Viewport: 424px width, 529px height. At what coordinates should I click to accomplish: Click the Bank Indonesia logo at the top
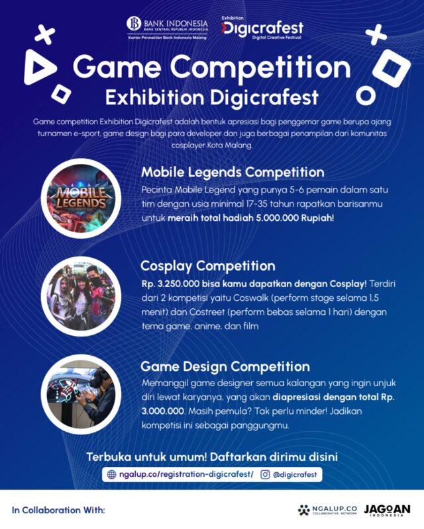point(167,28)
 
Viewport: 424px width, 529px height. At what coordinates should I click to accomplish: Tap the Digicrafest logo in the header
point(262,28)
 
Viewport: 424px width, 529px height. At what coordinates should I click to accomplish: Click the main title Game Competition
point(212,67)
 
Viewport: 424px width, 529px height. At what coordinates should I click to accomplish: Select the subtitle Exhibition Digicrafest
point(212,98)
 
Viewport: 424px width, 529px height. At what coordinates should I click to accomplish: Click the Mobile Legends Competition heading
point(233,172)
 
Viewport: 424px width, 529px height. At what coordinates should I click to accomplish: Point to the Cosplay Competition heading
point(208,266)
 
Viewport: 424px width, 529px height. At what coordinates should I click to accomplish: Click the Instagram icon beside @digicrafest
point(265,474)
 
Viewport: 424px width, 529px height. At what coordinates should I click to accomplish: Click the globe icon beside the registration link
point(112,474)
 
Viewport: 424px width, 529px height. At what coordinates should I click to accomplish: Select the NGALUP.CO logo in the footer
point(327,510)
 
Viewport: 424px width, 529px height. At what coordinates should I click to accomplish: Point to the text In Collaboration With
point(58,510)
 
